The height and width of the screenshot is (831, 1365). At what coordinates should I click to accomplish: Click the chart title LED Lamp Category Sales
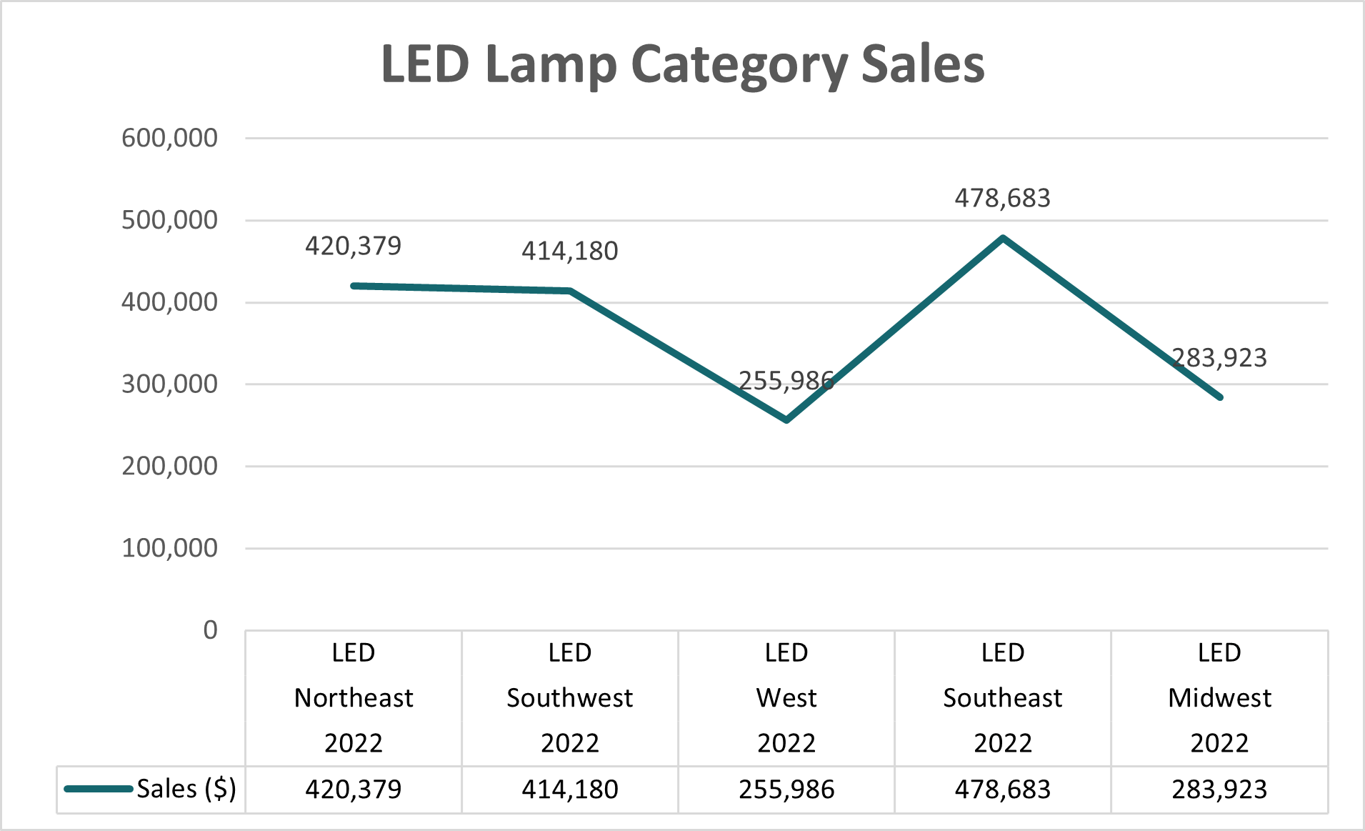click(x=682, y=65)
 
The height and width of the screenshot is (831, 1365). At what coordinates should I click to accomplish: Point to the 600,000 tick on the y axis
click(x=169, y=138)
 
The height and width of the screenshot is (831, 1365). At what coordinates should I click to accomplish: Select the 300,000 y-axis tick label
click(x=169, y=384)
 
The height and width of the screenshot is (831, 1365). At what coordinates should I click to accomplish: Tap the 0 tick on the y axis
click(x=210, y=630)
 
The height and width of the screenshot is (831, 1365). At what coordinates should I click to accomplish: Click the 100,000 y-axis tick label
click(x=169, y=548)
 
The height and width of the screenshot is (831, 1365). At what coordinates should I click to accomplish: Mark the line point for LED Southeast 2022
click(x=1003, y=238)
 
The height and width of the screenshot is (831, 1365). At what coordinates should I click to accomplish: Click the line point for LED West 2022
click(x=786, y=420)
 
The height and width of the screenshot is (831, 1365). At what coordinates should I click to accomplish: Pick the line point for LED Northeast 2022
click(x=354, y=286)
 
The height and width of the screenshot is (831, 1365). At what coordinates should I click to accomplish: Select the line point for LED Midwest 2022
click(x=1219, y=397)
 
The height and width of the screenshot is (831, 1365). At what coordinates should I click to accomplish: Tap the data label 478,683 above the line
click(x=1002, y=198)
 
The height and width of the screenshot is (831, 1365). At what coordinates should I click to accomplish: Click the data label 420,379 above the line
click(x=353, y=246)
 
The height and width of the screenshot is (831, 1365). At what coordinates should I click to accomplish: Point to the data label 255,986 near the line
click(x=786, y=381)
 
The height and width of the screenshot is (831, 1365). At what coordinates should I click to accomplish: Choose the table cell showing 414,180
click(x=569, y=790)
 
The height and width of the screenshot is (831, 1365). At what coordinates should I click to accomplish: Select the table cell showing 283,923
click(x=1219, y=790)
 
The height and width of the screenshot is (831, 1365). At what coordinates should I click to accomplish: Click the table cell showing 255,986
click(x=786, y=790)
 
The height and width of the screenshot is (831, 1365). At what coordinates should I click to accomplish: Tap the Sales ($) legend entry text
click(x=186, y=789)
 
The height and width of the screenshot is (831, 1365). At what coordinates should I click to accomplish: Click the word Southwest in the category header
click(x=569, y=698)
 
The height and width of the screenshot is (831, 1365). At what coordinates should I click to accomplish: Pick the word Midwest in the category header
click(x=1219, y=698)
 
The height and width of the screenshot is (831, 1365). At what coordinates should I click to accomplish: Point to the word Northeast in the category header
click(x=354, y=698)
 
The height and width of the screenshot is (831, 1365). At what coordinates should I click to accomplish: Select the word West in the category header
click(x=786, y=698)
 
